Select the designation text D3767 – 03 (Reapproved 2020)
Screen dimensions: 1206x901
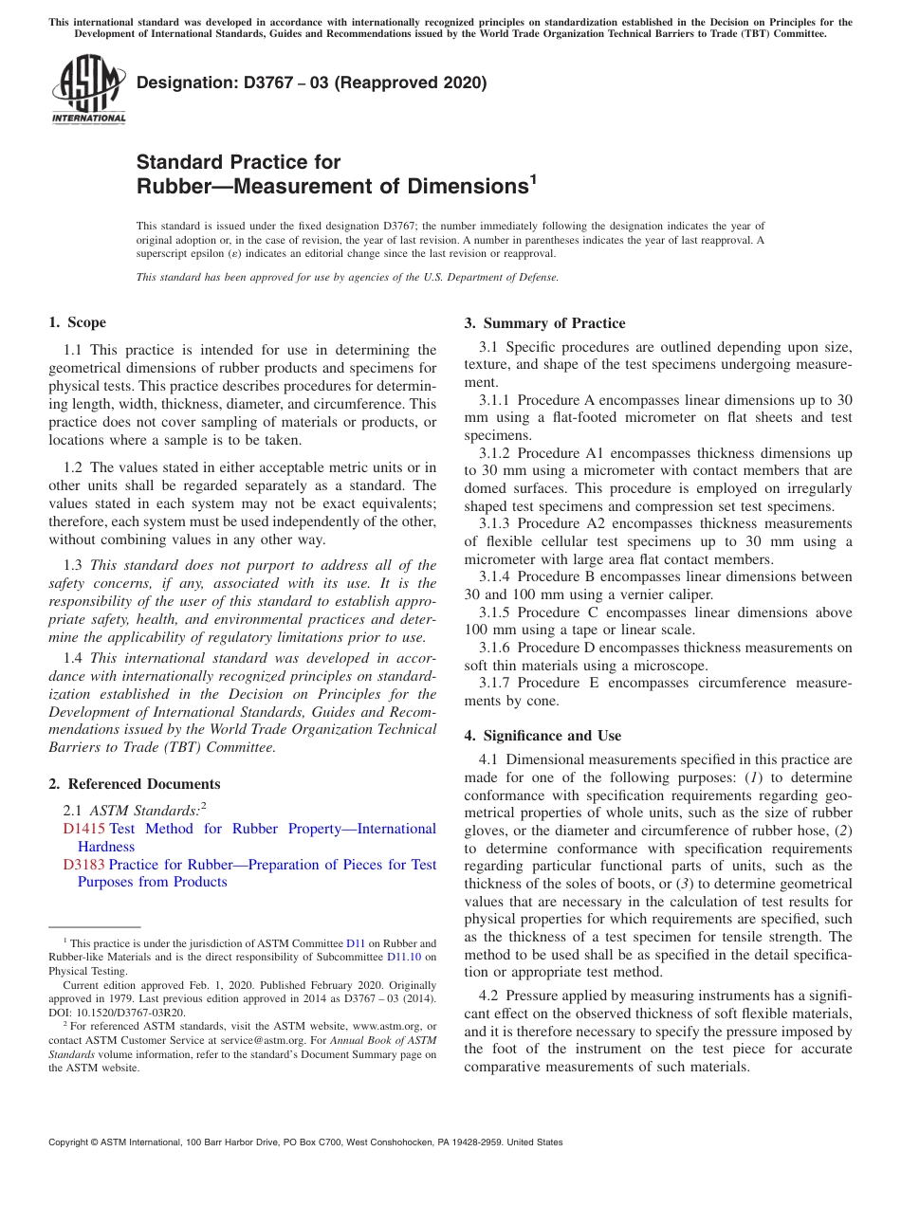[311, 83]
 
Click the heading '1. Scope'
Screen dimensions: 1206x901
[78, 322]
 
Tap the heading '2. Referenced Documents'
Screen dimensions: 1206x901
[135, 784]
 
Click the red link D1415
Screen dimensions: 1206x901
[83, 829]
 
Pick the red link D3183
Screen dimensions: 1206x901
[83, 865]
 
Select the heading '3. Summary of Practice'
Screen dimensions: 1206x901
[544, 323]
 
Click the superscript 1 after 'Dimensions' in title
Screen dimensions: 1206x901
[533, 177]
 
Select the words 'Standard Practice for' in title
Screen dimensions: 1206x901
[238, 162]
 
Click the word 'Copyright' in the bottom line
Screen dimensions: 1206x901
[70, 1142]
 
